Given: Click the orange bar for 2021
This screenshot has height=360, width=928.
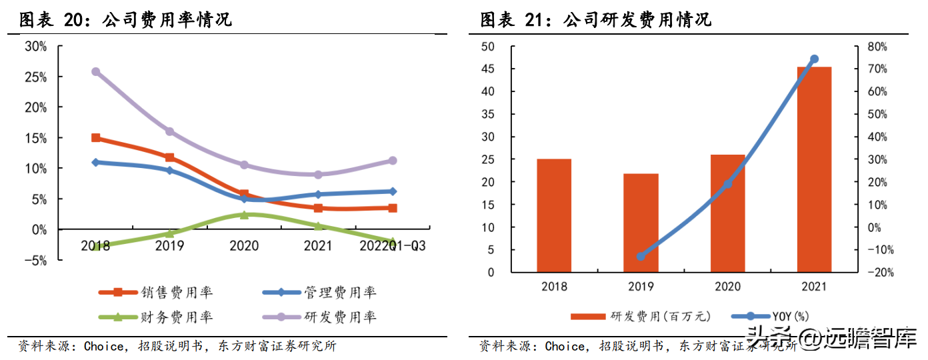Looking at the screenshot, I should click(814, 169).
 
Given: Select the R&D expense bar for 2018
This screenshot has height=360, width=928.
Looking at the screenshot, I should click(554, 215).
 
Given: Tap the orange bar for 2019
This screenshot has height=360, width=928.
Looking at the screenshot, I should click(641, 223).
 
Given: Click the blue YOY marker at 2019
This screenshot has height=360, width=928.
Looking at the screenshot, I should click(641, 256).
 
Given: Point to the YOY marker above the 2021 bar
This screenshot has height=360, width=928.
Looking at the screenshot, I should click(814, 59).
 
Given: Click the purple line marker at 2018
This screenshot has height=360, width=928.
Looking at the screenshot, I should click(95, 71).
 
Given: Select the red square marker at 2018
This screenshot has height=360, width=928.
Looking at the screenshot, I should click(95, 138).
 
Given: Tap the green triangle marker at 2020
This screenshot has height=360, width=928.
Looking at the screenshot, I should click(244, 215).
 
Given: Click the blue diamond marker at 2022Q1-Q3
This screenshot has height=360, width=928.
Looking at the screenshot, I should click(393, 191).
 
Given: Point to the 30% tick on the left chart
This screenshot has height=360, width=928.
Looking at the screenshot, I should click(35, 46).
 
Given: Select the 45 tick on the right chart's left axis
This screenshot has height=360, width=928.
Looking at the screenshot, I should click(487, 69).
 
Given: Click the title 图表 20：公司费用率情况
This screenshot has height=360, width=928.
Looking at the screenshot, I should click(125, 20).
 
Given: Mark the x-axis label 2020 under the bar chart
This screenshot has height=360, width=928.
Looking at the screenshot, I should click(727, 287).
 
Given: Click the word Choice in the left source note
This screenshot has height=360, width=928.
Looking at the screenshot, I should click(103, 346).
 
